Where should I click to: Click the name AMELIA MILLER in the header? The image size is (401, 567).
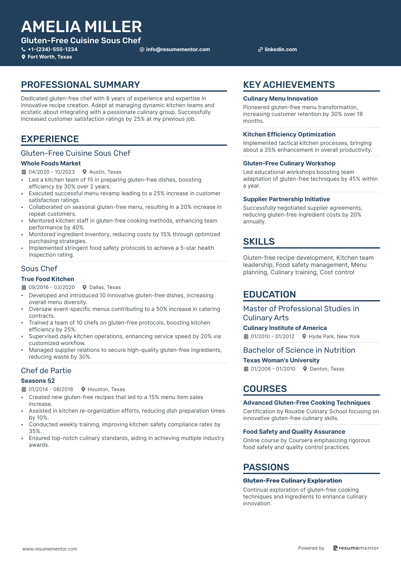pos(81,27)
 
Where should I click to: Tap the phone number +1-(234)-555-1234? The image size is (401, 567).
pos(53,49)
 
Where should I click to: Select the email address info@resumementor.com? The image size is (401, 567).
pos(178,49)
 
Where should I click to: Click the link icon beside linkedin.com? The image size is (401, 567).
pos(260,50)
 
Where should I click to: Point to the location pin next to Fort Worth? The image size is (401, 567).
pos(23,57)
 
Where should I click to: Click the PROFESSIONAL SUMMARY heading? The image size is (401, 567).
pos(80,85)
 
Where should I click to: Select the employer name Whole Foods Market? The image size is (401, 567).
pos(51,163)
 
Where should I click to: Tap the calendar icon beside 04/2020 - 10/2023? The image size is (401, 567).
pos(24,172)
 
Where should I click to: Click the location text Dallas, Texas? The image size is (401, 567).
pos(105,287)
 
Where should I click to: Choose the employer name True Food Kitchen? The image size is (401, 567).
pos(47,279)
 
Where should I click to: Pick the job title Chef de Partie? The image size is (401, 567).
pos(46,371)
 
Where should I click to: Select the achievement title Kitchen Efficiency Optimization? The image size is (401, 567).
pos(289,134)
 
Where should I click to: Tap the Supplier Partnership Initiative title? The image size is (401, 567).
pos(286,199)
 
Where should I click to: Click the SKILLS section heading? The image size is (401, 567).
pos(259,242)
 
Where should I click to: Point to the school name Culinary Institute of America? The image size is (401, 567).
pos(285,328)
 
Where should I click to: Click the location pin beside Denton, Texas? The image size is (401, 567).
pos(305,369)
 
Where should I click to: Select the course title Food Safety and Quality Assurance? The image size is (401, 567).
pos(294,432)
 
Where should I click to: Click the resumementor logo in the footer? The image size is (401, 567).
pos(356,548)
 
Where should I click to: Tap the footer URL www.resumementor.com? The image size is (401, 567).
pos(50,549)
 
